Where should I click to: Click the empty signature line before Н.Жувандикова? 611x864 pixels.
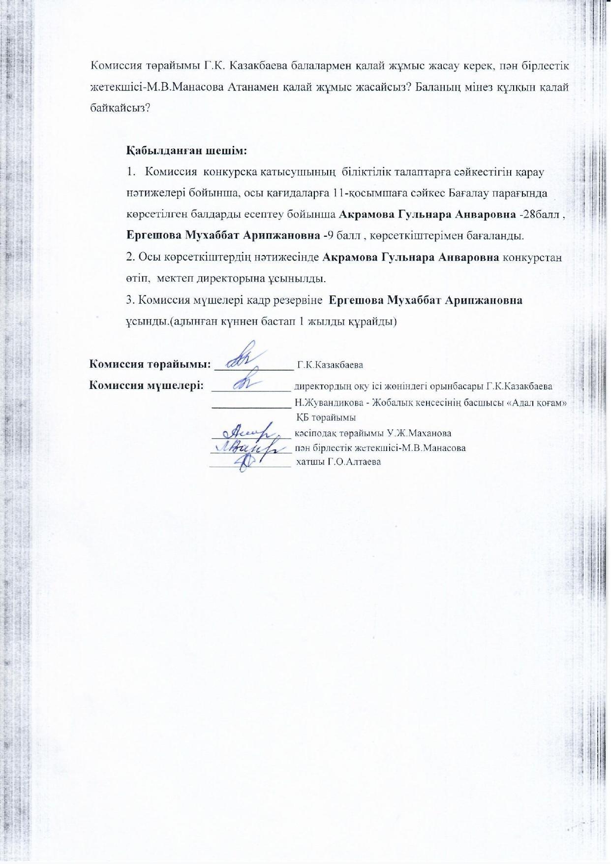pos(251,407)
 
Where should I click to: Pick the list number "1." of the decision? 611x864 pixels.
pos(130,172)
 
